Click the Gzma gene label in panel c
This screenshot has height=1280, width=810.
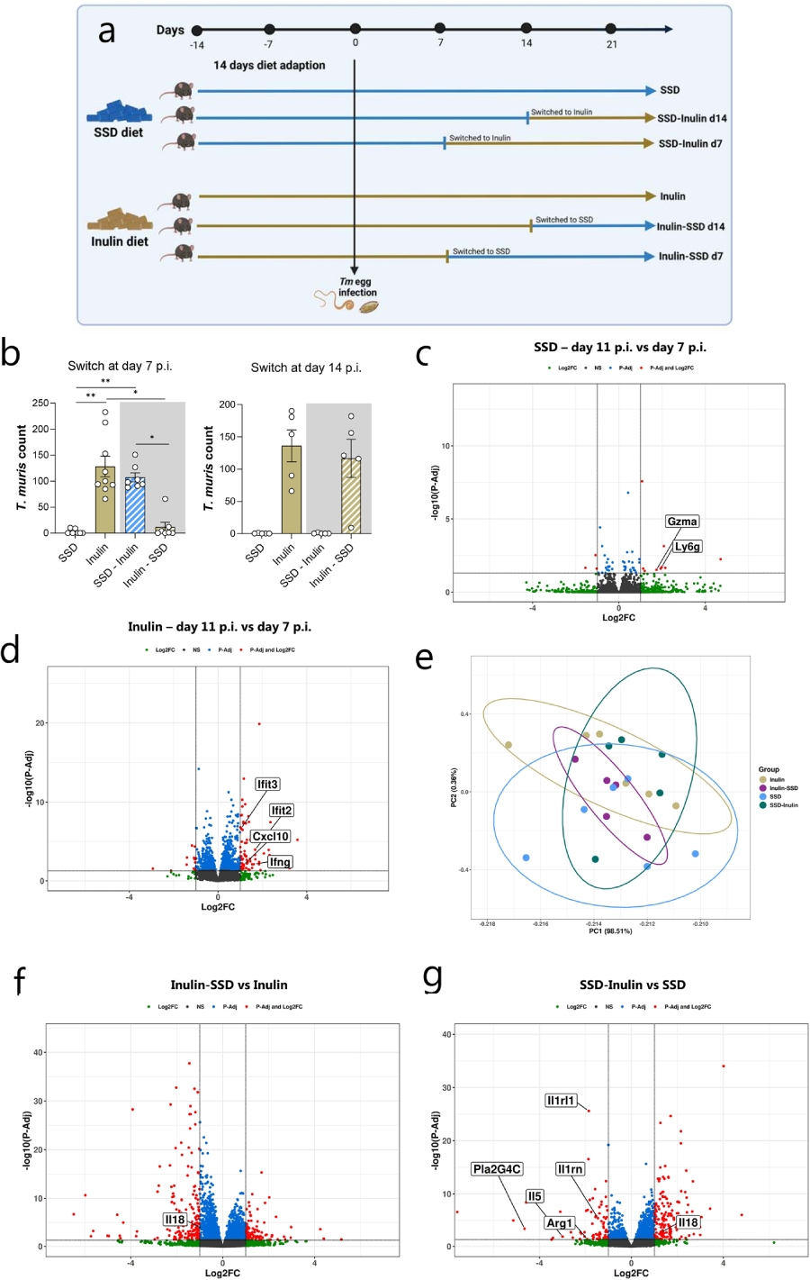682,522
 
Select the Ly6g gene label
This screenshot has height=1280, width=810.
687,547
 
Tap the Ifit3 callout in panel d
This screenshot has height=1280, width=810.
267,785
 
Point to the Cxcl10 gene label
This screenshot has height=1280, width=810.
270,837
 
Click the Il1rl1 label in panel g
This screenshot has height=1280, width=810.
561,1101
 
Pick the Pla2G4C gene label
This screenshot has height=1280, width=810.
497,1169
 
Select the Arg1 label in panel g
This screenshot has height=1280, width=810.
559,1223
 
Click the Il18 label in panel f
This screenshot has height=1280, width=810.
175,1220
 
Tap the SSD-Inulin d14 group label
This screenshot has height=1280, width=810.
691,119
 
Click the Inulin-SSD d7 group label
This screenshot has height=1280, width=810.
690,257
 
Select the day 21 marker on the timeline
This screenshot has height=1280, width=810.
611,30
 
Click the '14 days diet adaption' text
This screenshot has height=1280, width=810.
269,66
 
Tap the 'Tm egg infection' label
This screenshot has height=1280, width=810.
357,287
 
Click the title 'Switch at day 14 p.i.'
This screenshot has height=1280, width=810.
306,368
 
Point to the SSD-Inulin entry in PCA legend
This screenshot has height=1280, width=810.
783,805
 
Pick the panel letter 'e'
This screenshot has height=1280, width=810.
424,658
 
